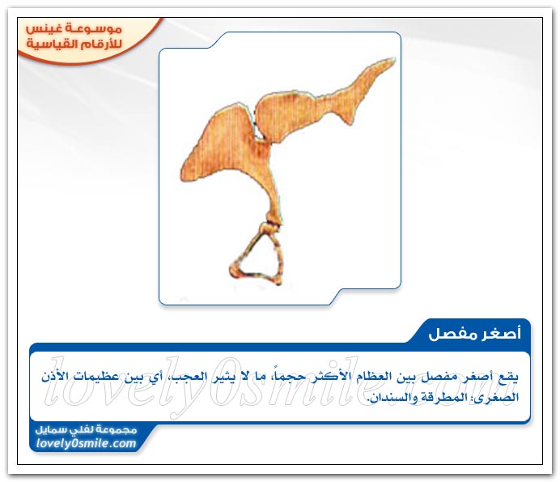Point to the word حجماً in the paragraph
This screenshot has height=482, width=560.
point(286,376)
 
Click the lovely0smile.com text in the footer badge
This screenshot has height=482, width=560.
point(86,443)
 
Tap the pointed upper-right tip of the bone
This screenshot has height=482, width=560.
point(394,59)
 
